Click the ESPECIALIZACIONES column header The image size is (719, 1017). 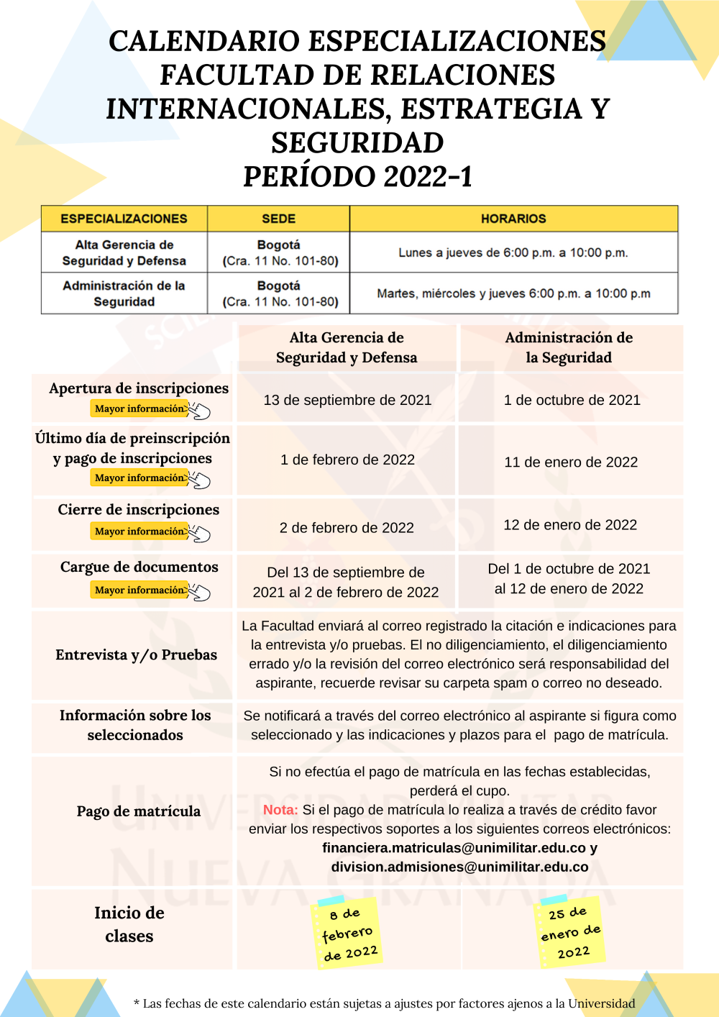(x=124, y=219)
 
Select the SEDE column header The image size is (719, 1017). (x=278, y=219)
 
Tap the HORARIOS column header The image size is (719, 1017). (x=513, y=219)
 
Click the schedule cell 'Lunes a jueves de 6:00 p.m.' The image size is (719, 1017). (x=513, y=252)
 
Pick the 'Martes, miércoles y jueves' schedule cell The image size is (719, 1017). (x=513, y=293)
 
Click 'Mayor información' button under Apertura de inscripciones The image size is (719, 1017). (x=141, y=409)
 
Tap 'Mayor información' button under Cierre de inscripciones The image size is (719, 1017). (x=141, y=532)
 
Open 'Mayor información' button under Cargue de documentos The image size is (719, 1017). (x=141, y=590)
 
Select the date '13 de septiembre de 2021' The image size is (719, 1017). (x=347, y=400)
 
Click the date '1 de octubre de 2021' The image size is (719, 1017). (x=572, y=400)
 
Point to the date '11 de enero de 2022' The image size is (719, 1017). (x=571, y=462)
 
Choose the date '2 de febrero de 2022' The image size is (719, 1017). (x=347, y=528)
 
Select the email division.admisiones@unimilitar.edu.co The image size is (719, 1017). (x=459, y=867)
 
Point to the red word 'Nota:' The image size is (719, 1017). (x=280, y=810)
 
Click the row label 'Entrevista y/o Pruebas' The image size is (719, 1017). (x=136, y=655)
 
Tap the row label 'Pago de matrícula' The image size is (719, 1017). (x=139, y=811)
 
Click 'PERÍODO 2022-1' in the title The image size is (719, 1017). (x=357, y=176)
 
